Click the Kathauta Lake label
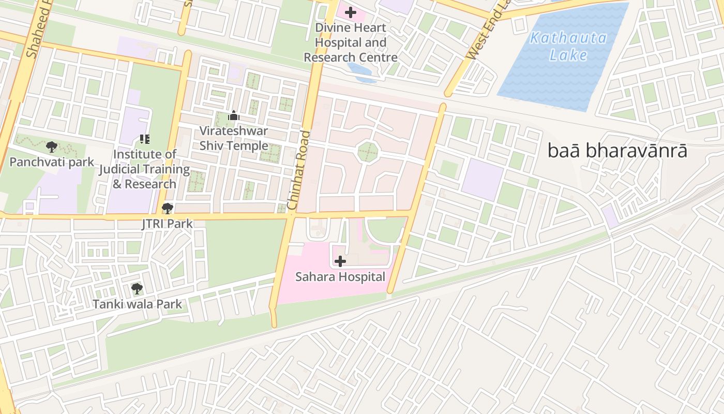568,46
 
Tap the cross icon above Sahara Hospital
340,261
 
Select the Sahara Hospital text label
340,277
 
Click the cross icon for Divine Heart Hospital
351,12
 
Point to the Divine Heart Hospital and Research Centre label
351,42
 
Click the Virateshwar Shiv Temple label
234,138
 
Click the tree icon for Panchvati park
52,147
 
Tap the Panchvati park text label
52,162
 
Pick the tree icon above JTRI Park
167,209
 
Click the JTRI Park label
167,224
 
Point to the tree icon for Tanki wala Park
137,289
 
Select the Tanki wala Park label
137,304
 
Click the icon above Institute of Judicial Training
144,139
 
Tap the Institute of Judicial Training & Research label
144,169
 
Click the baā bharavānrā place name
617,151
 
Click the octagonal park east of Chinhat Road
368,152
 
